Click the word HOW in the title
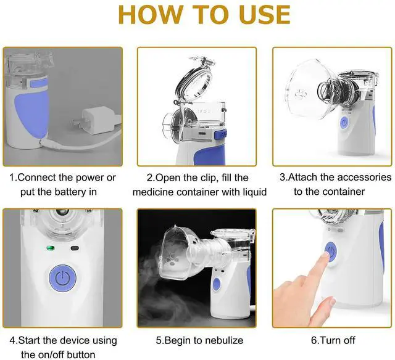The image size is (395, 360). point(151,15)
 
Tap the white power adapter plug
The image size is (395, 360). point(96,120)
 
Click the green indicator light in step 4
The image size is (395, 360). point(51,248)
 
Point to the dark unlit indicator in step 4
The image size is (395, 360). point(75,248)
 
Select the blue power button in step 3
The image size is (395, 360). point(344,123)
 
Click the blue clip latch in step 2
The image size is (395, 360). point(220,135)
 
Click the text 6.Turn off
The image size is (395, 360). point(333,340)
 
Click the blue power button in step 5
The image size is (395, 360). point(217,285)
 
